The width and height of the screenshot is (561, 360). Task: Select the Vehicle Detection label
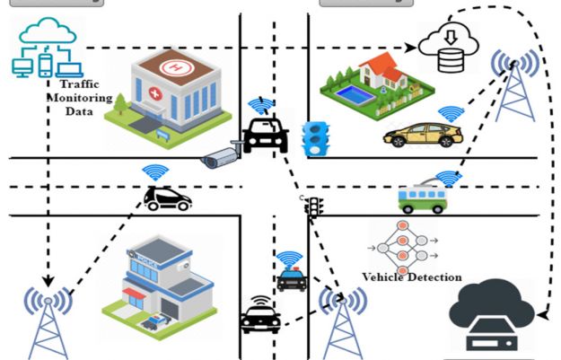click(411, 277)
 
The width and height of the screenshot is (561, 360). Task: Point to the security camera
click(222, 157)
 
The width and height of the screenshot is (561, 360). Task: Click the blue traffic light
click(314, 139)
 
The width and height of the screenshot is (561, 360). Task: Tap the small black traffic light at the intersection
click(313, 208)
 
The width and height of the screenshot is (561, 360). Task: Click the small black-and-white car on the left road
click(166, 198)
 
